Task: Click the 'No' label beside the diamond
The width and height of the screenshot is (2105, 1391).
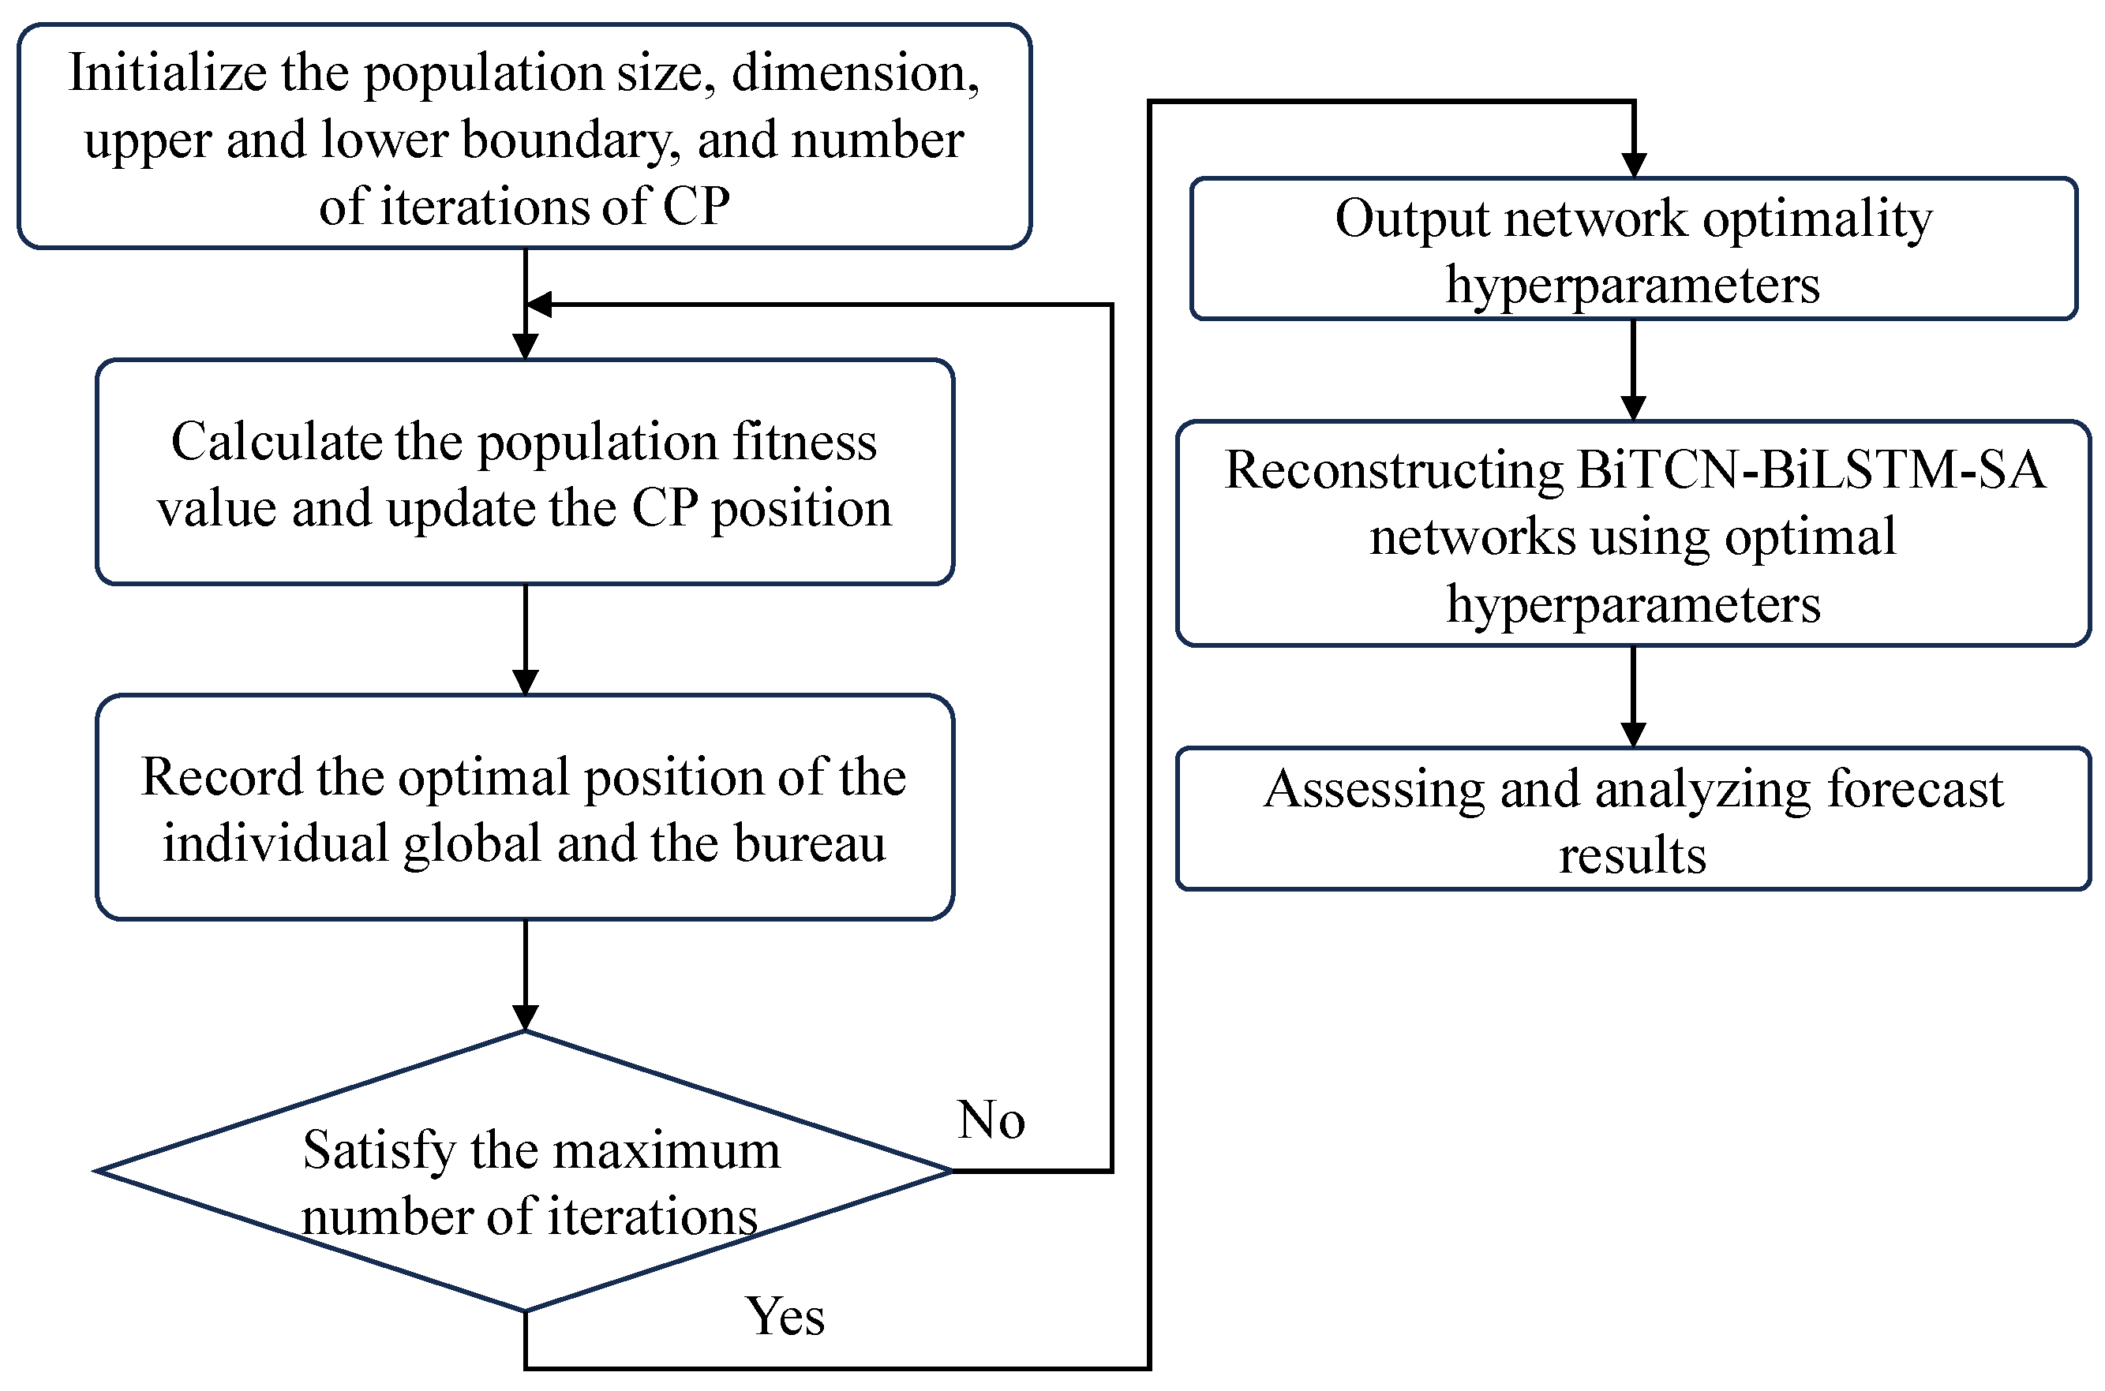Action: [991, 1120]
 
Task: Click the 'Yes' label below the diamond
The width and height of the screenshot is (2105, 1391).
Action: [785, 1317]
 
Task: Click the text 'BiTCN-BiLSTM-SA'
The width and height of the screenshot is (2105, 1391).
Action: [1811, 470]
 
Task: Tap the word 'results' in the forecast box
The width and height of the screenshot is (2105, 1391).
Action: [1632, 856]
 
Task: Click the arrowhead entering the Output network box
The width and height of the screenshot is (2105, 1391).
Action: [1634, 165]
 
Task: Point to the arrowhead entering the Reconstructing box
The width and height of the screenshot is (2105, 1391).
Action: [1633, 408]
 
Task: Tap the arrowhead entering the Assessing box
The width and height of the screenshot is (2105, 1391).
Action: [1633, 735]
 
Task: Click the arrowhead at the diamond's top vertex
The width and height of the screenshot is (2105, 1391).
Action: [526, 1018]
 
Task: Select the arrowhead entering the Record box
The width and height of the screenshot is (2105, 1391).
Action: [526, 682]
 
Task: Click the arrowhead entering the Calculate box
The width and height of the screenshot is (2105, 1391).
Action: [526, 347]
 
